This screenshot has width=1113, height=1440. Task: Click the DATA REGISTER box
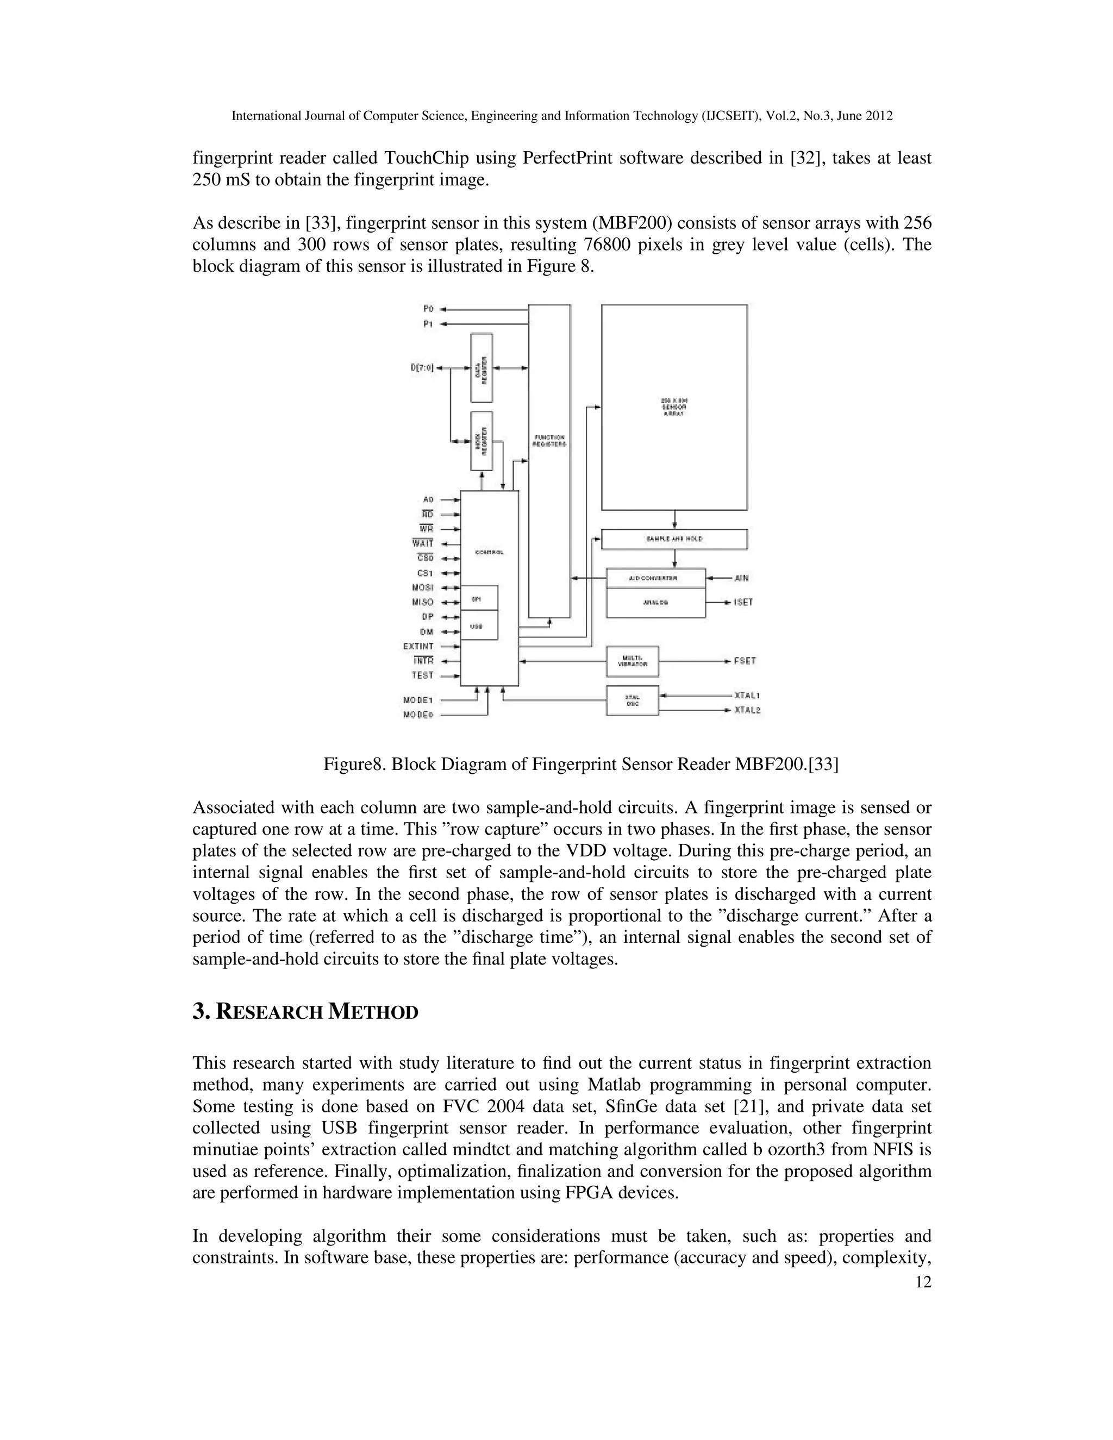tap(482, 368)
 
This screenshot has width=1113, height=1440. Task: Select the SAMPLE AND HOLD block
tap(674, 539)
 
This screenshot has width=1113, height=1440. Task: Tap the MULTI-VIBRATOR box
tap(631, 661)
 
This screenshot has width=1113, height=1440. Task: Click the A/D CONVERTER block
tap(655, 578)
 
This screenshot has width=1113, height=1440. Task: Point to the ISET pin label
tap(743, 603)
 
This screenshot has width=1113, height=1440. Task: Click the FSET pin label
tap(745, 660)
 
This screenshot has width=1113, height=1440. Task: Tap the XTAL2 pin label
tap(747, 710)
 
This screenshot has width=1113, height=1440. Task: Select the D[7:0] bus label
tap(422, 368)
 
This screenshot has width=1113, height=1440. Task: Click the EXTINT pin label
tap(418, 646)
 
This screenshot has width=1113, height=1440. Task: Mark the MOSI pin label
tap(422, 587)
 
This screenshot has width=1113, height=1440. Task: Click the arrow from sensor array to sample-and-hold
tap(674, 519)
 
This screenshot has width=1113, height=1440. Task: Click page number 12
tap(924, 1282)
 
